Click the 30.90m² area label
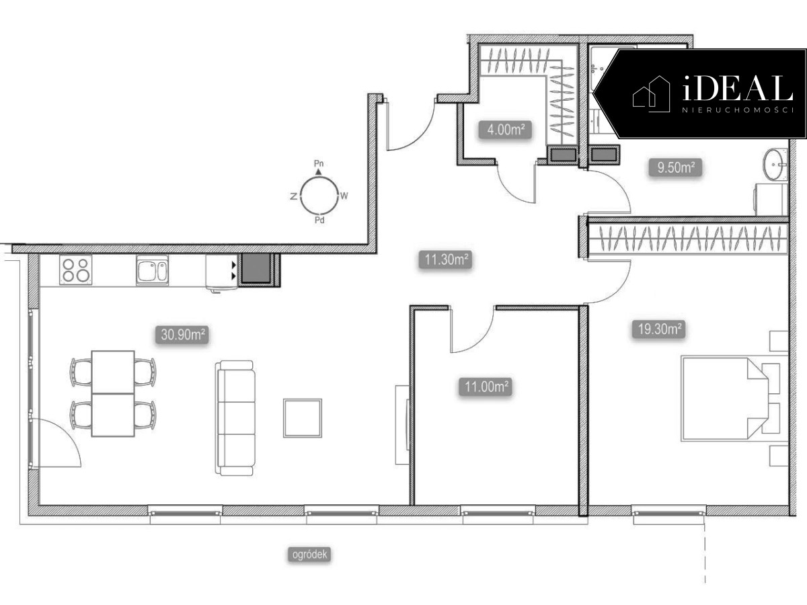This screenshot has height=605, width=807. coord(182,335)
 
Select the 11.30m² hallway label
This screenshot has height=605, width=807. coord(446,259)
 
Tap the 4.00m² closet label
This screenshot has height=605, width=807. coord(506,130)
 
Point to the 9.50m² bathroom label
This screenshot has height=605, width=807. coord(675,168)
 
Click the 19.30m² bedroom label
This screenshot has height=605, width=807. coord(659,329)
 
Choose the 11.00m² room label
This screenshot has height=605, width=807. coord(486,387)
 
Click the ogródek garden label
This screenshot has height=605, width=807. coord(309,555)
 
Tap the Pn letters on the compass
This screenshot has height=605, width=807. coord(319,163)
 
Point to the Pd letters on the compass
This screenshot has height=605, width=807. coord(319,220)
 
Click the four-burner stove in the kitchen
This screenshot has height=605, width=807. coord(76,270)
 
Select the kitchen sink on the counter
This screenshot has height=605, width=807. coord(152,270)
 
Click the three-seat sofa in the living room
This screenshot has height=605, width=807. coord(235,418)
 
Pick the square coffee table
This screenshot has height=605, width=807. coord(303,418)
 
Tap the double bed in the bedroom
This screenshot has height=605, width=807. coord(724,398)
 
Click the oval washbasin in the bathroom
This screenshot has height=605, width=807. coord(774,164)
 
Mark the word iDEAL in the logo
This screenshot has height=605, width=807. coord(737,88)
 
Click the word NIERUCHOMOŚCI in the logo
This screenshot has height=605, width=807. coord(738,110)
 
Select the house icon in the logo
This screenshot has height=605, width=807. coord(651,94)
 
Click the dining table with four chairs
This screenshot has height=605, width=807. coord(113,393)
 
